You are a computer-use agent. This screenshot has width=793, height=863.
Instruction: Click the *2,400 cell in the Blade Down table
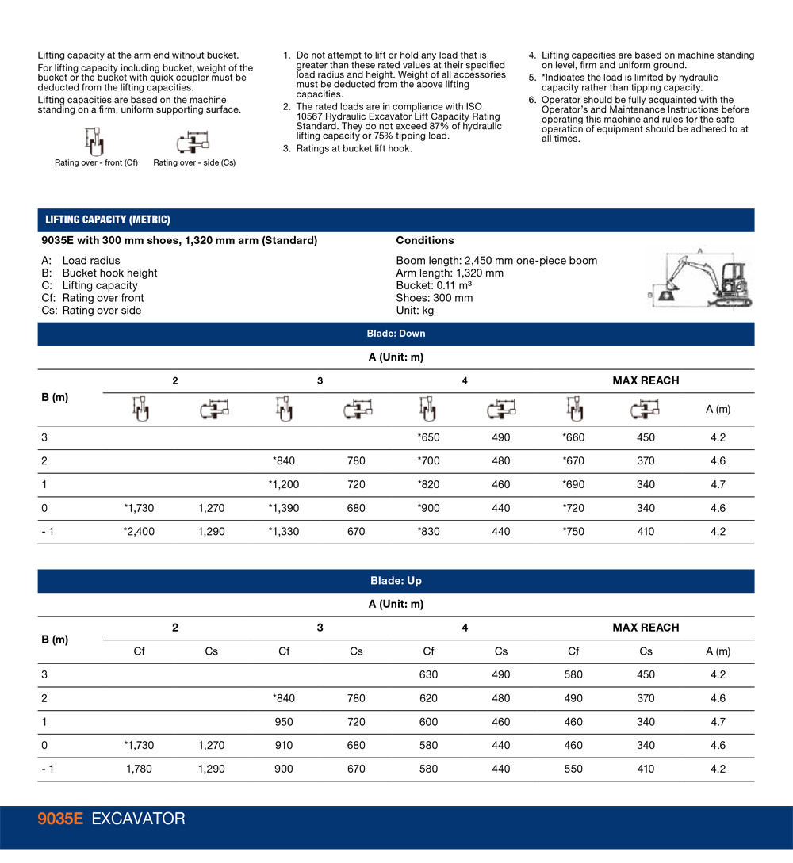pyautogui.click(x=139, y=532)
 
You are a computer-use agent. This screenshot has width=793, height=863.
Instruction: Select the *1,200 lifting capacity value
pyautogui.click(x=283, y=484)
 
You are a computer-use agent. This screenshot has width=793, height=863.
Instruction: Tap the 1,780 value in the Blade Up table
pyautogui.click(x=139, y=769)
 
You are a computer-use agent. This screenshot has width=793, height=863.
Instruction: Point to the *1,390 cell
pyautogui.click(x=283, y=508)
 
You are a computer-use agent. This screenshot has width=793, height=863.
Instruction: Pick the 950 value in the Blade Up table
pyautogui.click(x=283, y=722)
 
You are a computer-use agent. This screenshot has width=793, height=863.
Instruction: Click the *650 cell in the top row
pyautogui.click(x=428, y=437)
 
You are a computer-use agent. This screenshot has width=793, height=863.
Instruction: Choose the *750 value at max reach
pyautogui.click(x=573, y=532)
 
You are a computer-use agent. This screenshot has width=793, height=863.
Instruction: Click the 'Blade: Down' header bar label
pyautogui.click(x=396, y=334)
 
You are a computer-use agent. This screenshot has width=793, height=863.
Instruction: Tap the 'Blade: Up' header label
pyautogui.click(x=396, y=581)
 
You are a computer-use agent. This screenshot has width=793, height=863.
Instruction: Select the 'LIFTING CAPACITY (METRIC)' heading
pyautogui.click(x=108, y=220)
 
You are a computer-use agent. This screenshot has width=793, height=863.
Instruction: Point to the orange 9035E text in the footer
pyautogui.click(x=60, y=819)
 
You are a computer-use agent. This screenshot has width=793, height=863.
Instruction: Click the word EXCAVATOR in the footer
pyautogui.click(x=138, y=819)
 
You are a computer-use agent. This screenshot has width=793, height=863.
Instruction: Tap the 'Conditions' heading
pyautogui.click(x=425, y=240)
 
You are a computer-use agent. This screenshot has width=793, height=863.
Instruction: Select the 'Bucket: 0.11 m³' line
pyautogui.click(x=434, y=285)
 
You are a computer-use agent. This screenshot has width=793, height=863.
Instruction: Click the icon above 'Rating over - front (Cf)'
pyautogui.click(x=94, y=143)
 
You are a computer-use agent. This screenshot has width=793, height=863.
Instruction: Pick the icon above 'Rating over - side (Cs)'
pyautogui.click(x=193, y=143)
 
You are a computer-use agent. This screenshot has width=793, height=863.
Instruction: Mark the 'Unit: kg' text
pyautogui.click(x=415, y=311)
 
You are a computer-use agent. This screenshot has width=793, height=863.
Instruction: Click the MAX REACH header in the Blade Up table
pyautogui.click(x=646, y=628)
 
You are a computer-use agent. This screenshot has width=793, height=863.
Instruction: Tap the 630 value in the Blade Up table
pyautogui.click(x=428, y=674)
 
